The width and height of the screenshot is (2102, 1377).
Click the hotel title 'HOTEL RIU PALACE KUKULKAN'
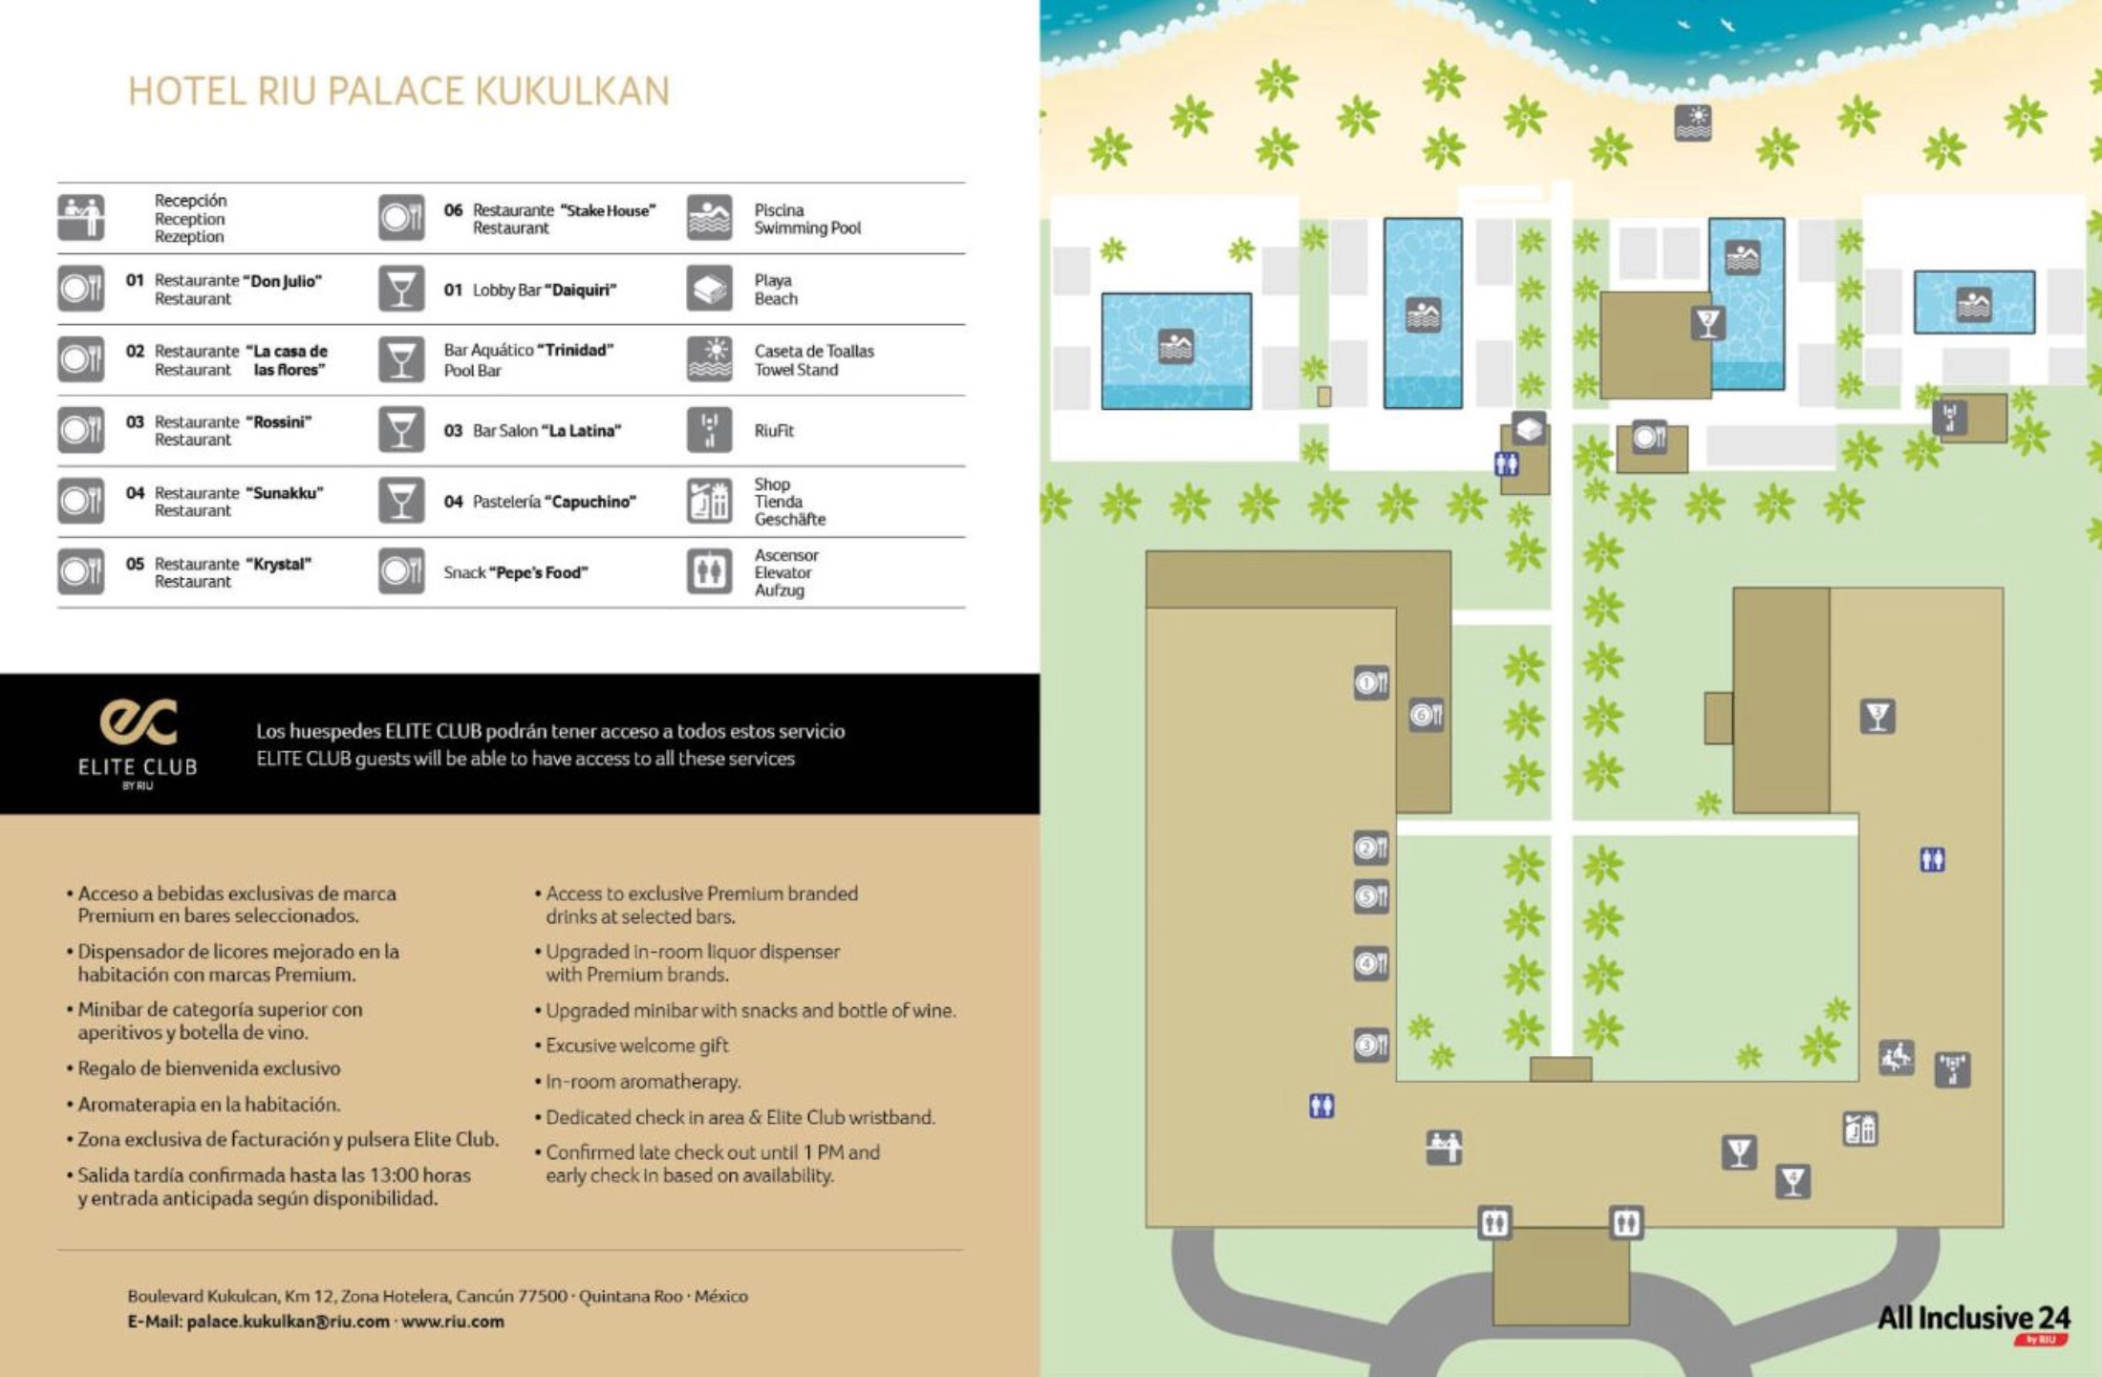click(398, 92)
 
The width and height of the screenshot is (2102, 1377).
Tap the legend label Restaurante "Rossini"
click(233, 430)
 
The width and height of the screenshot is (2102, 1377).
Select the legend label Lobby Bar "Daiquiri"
click(544, 290)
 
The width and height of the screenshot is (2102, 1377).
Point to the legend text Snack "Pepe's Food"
click(515, 572)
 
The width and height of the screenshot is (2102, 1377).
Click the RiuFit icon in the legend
click(709, 430)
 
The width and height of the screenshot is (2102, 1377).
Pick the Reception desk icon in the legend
click(81, 218)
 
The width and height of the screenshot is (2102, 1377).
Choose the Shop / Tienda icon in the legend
click(709, 501)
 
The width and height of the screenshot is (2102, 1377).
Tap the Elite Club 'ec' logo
click(139, 722)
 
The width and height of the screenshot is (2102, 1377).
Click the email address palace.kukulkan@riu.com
click(288, 1322)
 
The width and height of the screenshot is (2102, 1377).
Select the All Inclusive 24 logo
click(1973, 1321)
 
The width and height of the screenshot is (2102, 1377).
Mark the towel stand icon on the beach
click(1692, 122)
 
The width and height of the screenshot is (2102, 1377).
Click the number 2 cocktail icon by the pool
click(1707, 322)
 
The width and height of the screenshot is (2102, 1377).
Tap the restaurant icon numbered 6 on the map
click(1426, 715)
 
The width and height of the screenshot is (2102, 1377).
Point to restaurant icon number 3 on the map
click(1371, 1044)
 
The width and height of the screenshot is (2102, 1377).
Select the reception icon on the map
click(1444, 1147)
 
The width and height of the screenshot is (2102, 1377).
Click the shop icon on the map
click(1859, 1130)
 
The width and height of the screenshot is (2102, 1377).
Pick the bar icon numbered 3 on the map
click(1877, 716)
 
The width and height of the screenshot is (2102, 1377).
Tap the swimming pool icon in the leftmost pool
click(1175, 346)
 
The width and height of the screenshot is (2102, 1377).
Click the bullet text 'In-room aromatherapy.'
click(643, 1081)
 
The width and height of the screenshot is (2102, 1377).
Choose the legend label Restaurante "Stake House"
click(564, 219)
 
